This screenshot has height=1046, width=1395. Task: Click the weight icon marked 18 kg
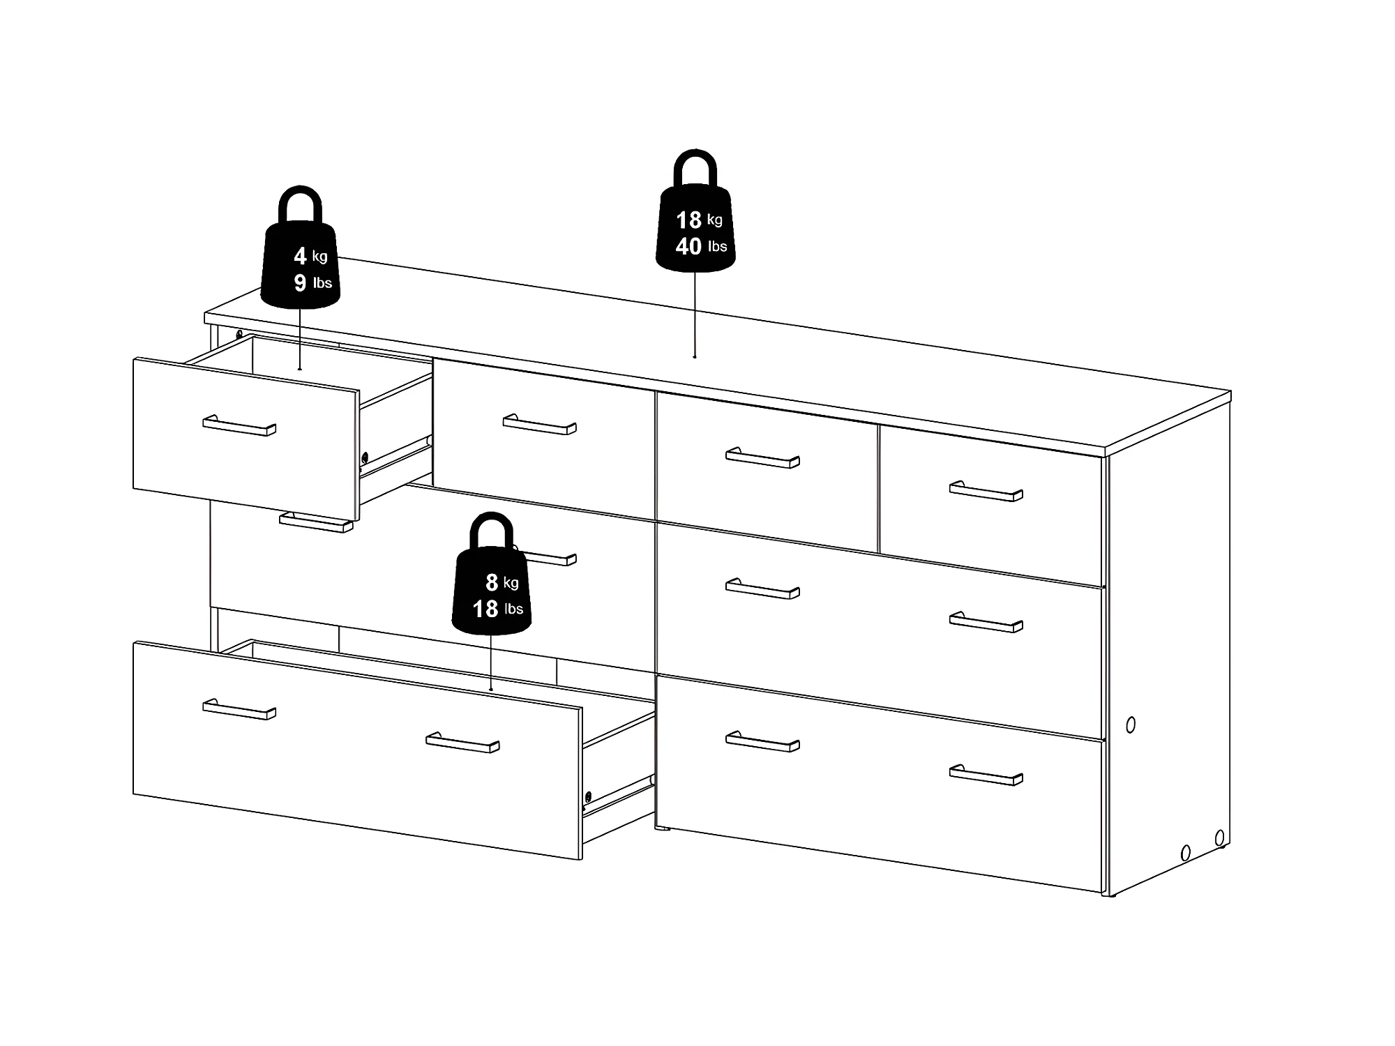[x=695, y=223]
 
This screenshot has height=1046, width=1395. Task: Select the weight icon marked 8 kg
[x=492, y=586]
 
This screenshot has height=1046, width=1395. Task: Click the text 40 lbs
[x=701, y=246]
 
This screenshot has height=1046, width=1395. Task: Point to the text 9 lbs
[x=312, y=282]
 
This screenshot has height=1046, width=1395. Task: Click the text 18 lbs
[x=497, y=609]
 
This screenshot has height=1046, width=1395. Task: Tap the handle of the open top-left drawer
[x=239, y=425]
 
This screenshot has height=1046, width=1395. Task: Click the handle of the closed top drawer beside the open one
[x=539, y=425]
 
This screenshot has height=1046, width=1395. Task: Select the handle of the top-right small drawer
[x=986, y=491]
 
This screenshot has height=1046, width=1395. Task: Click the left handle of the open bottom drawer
[x=239, y=709]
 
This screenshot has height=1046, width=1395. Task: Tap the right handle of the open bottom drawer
[x=462, y=743]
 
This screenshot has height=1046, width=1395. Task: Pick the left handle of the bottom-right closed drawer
[x=762, y=741]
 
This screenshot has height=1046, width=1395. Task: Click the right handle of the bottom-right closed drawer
[x=986, y=775]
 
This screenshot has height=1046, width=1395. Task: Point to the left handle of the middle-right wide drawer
[x=762, y=589]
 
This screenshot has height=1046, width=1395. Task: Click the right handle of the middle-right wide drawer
[x=986, y=622]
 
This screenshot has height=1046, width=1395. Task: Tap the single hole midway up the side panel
[x=1131, y=725]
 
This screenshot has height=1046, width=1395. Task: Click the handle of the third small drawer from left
[x=762, y=457]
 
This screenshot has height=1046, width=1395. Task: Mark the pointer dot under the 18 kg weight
[x=695, y=356]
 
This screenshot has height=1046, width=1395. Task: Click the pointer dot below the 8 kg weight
[x=492, y=690]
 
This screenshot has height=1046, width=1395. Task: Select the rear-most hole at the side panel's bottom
[x=1219, y=837]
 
